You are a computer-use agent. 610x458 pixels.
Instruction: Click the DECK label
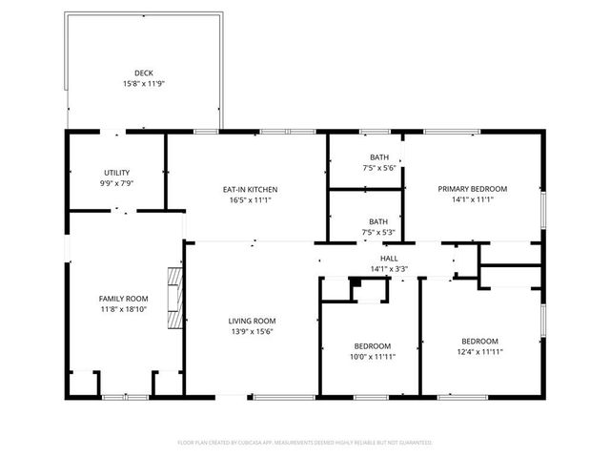click(x=143, y=73)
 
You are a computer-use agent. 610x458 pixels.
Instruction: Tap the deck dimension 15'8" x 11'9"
click(x=143, y=84)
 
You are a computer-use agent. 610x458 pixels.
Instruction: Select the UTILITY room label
click(x=117, y=173)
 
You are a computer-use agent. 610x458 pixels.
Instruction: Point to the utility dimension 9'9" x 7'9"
click(x=117, y=183)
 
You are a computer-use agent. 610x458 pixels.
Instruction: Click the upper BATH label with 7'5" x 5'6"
click(x=379, y=157)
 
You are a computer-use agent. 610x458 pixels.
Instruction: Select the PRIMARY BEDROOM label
click(x=472, y=189)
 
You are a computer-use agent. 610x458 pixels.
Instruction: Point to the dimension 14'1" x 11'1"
click(x=472, y=200)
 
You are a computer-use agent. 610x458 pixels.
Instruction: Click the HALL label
click(x=389, y=258)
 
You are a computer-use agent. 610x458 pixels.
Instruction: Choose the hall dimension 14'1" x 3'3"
click(x=389, y=269)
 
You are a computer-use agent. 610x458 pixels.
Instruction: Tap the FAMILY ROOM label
click(x=124, y=298)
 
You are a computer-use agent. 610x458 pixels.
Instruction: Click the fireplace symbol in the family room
click(x=173, y=298)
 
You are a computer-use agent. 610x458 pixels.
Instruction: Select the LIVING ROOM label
click(x=252, y=321)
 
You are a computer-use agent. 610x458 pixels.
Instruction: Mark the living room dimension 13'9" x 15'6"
click(x=252, y=331)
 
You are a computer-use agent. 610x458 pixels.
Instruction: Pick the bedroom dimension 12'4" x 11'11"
click(x=479, y=352)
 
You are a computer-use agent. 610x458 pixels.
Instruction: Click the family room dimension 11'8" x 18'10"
click(x=124, y=309)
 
